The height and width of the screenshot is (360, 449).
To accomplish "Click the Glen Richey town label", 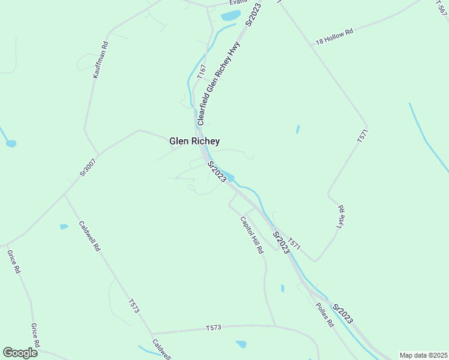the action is pos(194,142).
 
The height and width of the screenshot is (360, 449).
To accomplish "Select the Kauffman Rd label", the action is pos(100,60).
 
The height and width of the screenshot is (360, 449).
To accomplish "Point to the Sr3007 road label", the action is pos(88,166).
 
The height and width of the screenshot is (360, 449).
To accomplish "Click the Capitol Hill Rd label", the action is pos(252,235).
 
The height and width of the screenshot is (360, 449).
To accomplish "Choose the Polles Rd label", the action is pos(324,314).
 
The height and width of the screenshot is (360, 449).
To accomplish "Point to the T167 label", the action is pos(202,71).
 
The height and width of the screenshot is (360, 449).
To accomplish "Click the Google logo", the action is pos(20,353).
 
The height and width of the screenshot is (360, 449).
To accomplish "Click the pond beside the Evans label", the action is pos(231,16).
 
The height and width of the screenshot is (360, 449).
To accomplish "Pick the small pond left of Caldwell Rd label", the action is pos(64,227).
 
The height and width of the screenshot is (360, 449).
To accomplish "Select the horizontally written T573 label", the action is pos(214,328).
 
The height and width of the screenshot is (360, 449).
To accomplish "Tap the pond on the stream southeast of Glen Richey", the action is pos(230,177).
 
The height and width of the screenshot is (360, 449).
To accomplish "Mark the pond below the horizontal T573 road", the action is pos(241,344).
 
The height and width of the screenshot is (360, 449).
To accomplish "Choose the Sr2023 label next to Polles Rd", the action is pos(344,314).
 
